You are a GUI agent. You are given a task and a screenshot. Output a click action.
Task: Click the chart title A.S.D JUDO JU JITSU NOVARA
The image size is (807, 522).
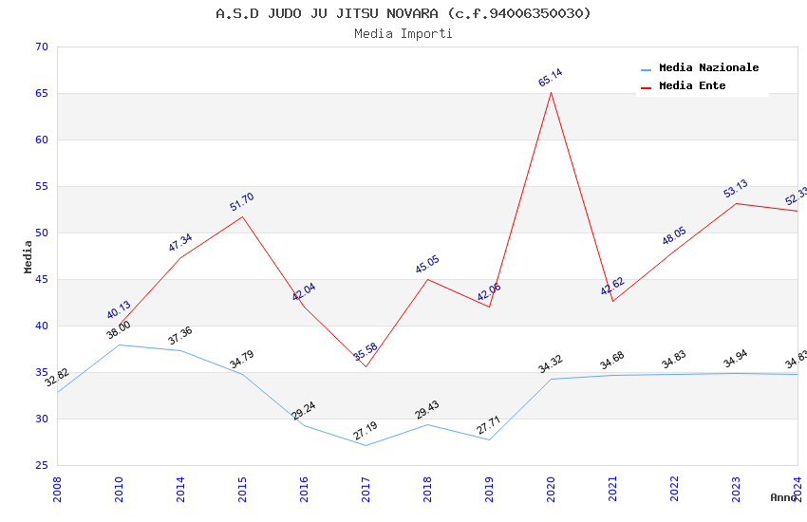point(403,13)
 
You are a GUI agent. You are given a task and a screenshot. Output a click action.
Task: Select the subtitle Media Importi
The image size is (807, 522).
point(403,34)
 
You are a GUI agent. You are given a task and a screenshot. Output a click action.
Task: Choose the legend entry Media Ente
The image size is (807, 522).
point(692,86)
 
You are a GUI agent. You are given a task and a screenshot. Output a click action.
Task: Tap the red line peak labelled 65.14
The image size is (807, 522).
point(551,91)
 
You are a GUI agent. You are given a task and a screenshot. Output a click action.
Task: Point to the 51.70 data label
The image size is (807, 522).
point(242,202)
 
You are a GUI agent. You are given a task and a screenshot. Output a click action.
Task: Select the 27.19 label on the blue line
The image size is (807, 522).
point(366,432)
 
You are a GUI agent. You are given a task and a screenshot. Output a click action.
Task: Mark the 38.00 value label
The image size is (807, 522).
point(119,331)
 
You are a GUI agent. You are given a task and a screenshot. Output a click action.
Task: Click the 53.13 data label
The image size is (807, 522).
point(736,189)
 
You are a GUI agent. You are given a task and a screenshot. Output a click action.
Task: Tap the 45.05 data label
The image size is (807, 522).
point(427,265)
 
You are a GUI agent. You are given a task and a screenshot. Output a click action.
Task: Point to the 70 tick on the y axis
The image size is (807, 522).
point(40,47)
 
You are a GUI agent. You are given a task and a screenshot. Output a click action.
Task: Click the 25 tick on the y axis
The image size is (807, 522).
point(40,466)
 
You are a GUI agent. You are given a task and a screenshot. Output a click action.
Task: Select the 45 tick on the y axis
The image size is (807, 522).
point(40,280)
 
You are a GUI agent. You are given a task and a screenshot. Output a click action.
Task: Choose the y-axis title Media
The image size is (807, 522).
point(28,256)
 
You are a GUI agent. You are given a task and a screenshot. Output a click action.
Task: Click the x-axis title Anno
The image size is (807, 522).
point(783,497)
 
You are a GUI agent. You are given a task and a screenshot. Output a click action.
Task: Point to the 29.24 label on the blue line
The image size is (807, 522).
point(304,411)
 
